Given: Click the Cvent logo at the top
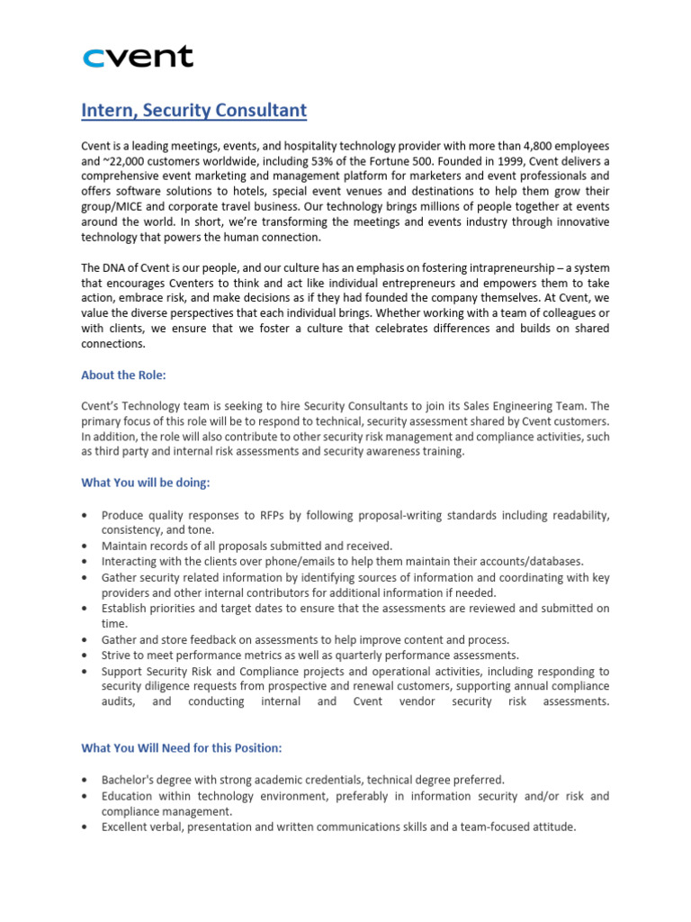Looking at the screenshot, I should [x=138, y=58].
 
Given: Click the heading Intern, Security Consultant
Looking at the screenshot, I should [x=193, y=111].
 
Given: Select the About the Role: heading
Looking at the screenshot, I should [x=123, y=375].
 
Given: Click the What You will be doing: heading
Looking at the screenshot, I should [x=145, y=483].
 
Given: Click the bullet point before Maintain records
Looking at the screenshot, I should [x=85, y=546].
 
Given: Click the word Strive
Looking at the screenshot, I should [x=117, y=655].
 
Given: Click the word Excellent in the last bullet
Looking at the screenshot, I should [x=127, y=827].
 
